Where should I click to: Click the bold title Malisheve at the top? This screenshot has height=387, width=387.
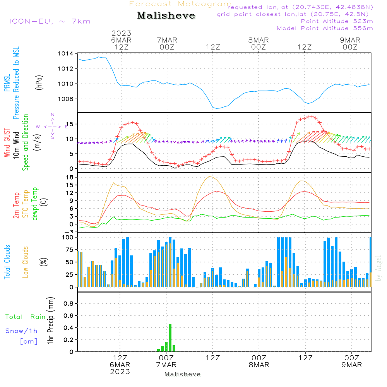[166, 16]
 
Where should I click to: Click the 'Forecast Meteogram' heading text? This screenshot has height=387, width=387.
[180, 4]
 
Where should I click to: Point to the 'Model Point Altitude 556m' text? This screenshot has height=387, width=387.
[325, 28]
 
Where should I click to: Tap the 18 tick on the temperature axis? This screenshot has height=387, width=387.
[70, 177]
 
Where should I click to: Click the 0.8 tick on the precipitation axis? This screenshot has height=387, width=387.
[68, 304]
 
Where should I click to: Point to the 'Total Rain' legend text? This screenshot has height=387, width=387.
[25, 317]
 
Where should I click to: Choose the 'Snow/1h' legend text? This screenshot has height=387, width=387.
[21, 331]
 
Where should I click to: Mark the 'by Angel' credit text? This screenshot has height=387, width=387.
[378, 268]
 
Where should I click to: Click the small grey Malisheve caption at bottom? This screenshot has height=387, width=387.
[183, 374]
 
